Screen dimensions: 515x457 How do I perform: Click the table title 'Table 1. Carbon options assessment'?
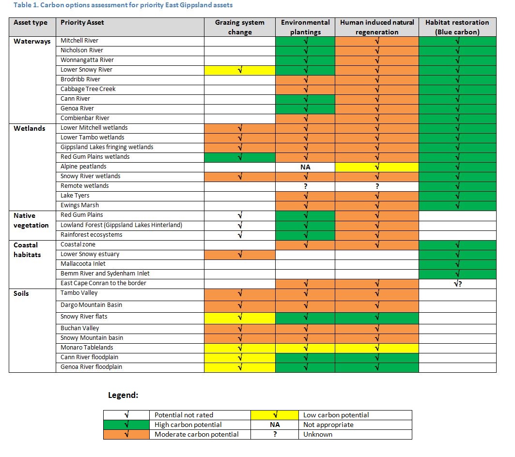(72, 5)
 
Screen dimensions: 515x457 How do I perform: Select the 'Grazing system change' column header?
(240, 27)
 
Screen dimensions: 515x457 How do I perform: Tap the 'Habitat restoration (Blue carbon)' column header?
(457, 27)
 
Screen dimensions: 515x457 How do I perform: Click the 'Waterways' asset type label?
(32, 41)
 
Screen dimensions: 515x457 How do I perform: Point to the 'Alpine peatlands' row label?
(83, 167)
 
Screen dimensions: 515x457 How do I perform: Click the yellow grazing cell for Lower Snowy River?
(240, 70)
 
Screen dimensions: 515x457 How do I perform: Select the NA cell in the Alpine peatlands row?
(305, 167)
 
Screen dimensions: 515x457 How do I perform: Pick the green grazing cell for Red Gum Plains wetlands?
(240, 157)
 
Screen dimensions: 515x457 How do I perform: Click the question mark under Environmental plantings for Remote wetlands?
(305, 186)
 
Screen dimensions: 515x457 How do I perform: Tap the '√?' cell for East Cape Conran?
(457, 284)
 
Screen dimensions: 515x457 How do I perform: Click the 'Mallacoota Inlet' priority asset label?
(83, 264)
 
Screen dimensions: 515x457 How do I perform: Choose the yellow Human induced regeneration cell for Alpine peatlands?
(377, 167)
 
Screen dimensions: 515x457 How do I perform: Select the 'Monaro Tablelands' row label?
(87, 347)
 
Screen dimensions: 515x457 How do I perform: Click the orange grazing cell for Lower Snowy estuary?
(240, 255)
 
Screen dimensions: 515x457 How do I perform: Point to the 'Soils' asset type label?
(21, 293)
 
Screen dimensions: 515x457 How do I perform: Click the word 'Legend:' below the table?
(123, 395)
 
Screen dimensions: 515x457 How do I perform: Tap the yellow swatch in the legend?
(275, 415)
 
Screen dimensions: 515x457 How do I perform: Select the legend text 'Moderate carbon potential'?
(196, 434)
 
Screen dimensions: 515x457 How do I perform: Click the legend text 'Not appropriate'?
(328, 425)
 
